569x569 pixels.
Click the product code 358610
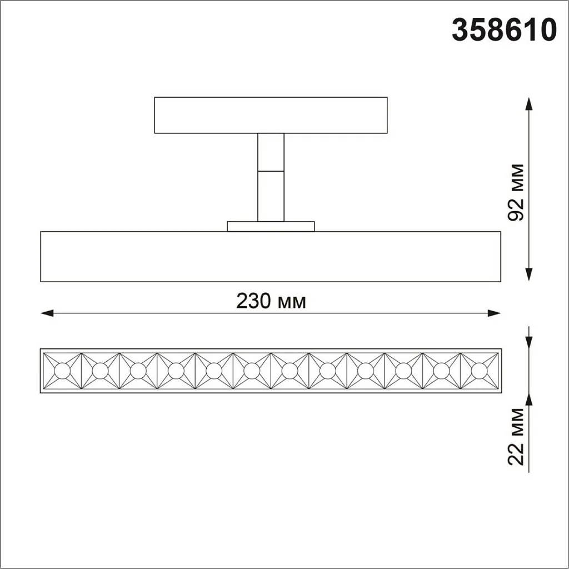point(504,31)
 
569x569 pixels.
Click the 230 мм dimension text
point(271,301)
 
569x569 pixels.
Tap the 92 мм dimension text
point(517,192)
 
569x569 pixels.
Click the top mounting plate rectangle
point(271,116)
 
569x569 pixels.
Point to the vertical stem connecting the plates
point(271,178)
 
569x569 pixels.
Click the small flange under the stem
point(271,226)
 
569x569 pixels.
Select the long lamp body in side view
point(271,257)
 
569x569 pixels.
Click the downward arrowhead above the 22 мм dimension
point(529,343)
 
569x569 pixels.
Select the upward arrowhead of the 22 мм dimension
point(529,399)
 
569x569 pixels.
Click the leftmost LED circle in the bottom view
point(62,371)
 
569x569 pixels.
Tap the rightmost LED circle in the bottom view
point(479,371)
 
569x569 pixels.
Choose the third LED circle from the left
point(138,371)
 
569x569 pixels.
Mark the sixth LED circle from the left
point(252,371)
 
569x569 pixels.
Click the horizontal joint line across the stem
point(271,171)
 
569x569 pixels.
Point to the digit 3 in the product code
point(461,31)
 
